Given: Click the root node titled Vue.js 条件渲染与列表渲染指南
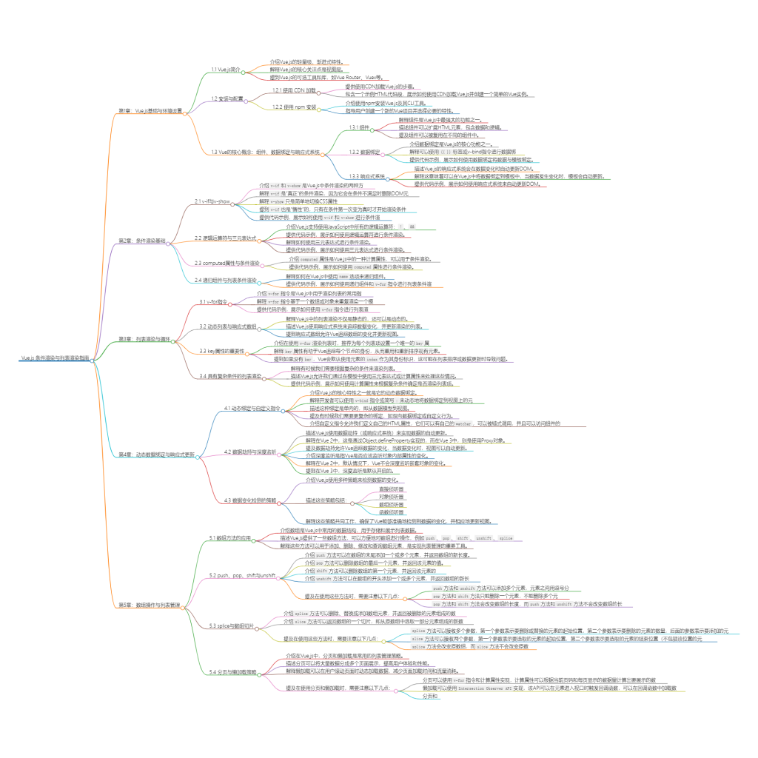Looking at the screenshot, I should click(56, 358).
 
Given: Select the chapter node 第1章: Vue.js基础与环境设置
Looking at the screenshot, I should click(151, 110).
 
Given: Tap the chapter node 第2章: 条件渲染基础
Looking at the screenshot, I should click(142, 241).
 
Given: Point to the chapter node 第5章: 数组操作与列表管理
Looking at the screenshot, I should click(148, 605).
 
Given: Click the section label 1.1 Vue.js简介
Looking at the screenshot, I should click(227, 69).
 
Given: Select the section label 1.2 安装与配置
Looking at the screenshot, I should click(227, 98).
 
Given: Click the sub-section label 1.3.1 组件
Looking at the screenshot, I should click(360, 127).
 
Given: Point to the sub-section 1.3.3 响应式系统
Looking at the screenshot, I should click(368, 176).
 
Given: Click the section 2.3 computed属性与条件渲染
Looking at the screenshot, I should click(227, 263).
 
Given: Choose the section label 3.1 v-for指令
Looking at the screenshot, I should click(213, 302).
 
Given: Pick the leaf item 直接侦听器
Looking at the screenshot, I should click(391, 489).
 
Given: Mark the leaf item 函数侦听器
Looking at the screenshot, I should click(391, 512).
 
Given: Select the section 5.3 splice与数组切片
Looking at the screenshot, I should click(232, 625).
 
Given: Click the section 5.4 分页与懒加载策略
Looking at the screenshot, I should click(233, 673).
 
